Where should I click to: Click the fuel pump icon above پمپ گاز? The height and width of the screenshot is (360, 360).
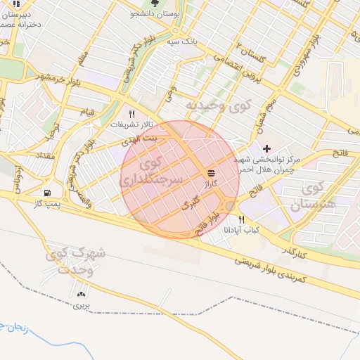pyautogui.click(x=47, y=193)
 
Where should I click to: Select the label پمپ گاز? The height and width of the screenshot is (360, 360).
pyautogui.click(x=49, y=204)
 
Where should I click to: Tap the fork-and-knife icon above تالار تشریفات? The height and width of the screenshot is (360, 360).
pyautogui.click(x=130, y=113)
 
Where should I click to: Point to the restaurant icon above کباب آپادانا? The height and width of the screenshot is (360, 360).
pyautogui.click(x=242, y=219)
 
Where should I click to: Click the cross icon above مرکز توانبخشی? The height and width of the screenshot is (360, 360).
pyautogui.click(x=266, y=148)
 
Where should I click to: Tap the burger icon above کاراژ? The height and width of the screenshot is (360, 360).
pyautogui.click(x=212, y=173)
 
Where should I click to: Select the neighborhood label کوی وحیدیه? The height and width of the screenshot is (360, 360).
pyautogui.click(x=217, y=105)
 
